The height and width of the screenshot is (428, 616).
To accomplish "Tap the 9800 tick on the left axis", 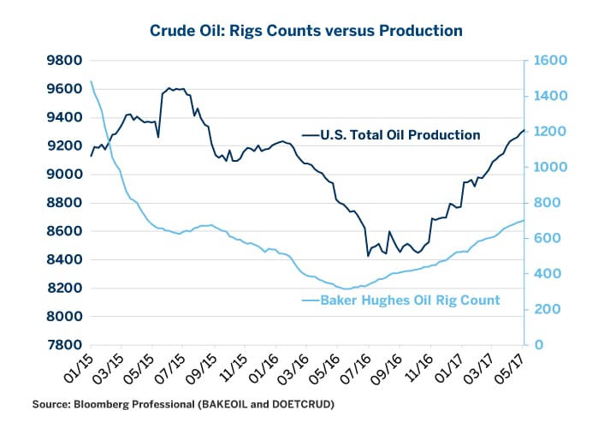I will (64, 61).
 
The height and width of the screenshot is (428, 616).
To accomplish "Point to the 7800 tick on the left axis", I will (64, 345).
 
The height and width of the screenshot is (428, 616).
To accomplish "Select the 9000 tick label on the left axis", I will (64, 175).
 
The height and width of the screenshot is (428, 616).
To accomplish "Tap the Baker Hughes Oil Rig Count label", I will (410, 300).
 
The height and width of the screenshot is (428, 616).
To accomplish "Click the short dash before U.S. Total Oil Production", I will (311, 135).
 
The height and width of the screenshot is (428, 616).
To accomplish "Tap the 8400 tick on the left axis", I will (64, 259).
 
